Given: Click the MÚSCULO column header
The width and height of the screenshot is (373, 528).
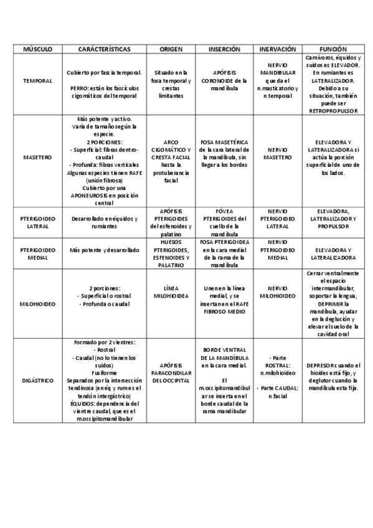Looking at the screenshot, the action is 37,49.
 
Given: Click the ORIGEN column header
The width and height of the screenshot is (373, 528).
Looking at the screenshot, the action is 171,49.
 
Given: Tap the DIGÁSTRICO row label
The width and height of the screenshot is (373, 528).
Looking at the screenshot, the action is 37,380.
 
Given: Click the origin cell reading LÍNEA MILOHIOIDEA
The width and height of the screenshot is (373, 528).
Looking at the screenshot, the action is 171,292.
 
